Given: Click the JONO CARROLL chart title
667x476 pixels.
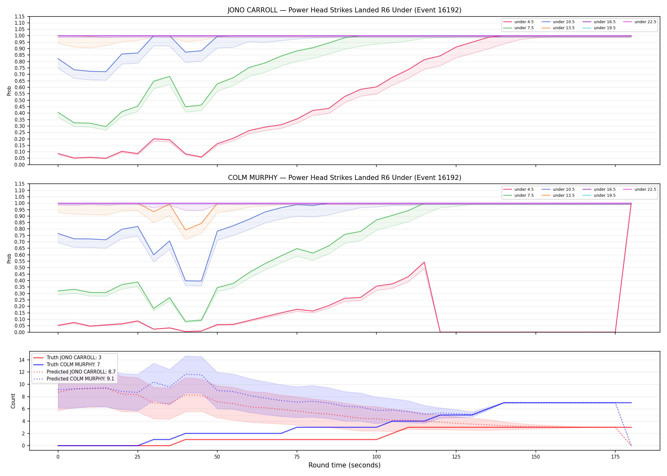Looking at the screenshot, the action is coord(344,10).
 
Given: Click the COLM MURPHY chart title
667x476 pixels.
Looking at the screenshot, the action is coord(344,178).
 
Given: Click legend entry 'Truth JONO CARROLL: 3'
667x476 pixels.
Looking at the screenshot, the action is coord(74,358).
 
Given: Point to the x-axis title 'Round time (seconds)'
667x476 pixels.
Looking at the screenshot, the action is coord(344,465).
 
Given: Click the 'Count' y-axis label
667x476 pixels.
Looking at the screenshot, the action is coord(13,401).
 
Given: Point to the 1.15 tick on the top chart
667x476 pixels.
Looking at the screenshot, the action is coord(20,17).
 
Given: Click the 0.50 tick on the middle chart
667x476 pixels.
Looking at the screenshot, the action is coord(20,268).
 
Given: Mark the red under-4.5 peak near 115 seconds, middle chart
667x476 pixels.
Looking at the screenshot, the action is coord(424,262).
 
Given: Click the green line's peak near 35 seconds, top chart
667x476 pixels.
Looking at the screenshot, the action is coord(170,76).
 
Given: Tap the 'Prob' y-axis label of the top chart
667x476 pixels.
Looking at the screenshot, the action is coord(9,91).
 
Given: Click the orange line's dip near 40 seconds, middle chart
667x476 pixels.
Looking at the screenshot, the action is coord(185,230).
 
